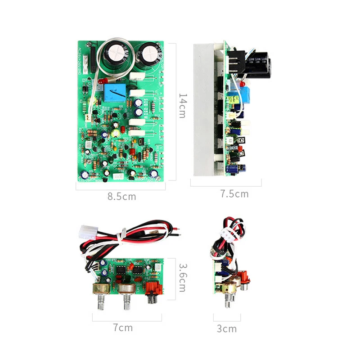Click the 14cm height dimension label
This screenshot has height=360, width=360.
click(x=182, y=106)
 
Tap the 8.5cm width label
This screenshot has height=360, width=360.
click(x=121, y=196)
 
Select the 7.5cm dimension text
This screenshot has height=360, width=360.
click(x=234, y=194)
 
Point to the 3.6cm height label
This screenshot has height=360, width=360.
click(x=182, y=278)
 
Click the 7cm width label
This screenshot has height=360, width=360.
click(x=123, y=328)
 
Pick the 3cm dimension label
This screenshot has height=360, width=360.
click(x=227, y=328)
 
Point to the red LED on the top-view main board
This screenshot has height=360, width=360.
click(x=101, y=81)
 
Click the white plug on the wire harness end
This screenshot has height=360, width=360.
click(x=87, y=232)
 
